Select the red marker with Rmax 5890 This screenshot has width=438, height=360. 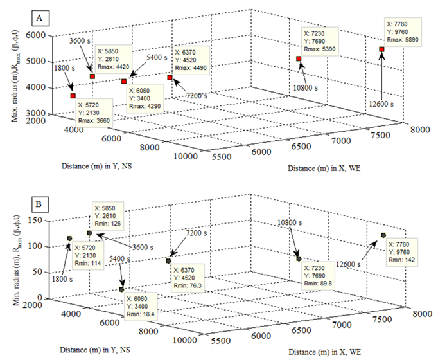click(381, 49)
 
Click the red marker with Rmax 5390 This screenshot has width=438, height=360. click(299, 59)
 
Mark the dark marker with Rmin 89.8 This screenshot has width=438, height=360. click(299, 258)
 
